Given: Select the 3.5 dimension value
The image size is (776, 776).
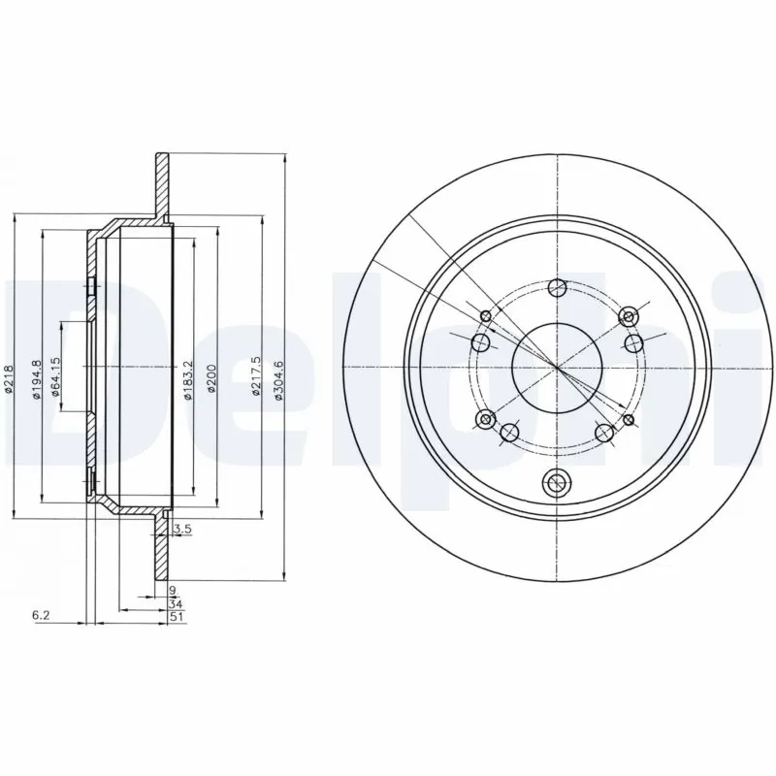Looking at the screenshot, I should click(x=179, y=530).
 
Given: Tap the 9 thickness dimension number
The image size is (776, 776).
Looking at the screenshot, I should click(x=172, y=590).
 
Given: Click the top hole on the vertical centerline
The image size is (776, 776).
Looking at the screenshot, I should click(x=557, y=287).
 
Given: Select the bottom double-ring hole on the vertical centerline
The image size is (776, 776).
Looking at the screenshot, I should click(x=557, y=480).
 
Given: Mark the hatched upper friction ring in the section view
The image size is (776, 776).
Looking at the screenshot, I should click(x=160, y=184).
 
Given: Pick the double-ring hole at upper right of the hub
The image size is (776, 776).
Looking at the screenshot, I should click(x=628, y=317).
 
